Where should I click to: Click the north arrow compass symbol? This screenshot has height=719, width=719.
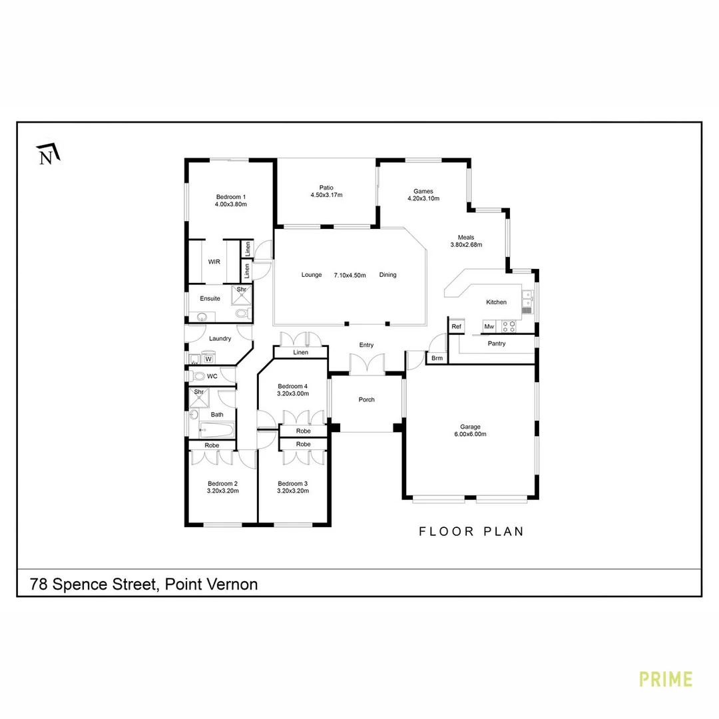click(48, 154)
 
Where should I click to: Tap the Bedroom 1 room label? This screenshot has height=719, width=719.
click(231, 196)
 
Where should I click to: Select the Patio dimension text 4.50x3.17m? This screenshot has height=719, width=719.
click(326, 195)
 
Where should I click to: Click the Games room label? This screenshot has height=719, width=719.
click(423, 190)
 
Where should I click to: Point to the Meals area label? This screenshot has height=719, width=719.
click(465, 237)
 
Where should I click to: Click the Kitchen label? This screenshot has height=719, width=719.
click(496, 302)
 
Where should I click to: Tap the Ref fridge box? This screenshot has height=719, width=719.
click(456, 326)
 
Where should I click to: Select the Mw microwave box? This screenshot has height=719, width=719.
click(489, 326)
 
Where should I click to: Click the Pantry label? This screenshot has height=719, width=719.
click(496, 344)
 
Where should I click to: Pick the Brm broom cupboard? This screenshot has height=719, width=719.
click(437, 358)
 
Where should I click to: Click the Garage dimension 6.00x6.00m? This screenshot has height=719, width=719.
click(470, 434)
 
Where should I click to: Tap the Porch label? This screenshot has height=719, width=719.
click(366, 399)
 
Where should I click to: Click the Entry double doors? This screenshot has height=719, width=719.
click(367, 363)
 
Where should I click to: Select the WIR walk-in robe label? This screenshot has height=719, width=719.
click(214, 262)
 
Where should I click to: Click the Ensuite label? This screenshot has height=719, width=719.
click(210, 298)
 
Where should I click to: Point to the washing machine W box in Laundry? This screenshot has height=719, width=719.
click(208, 359)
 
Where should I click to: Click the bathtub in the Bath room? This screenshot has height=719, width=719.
click(216, 429)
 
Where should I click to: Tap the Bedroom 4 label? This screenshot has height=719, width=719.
click(293, 386)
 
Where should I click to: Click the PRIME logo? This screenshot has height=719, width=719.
click(665, 679)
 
